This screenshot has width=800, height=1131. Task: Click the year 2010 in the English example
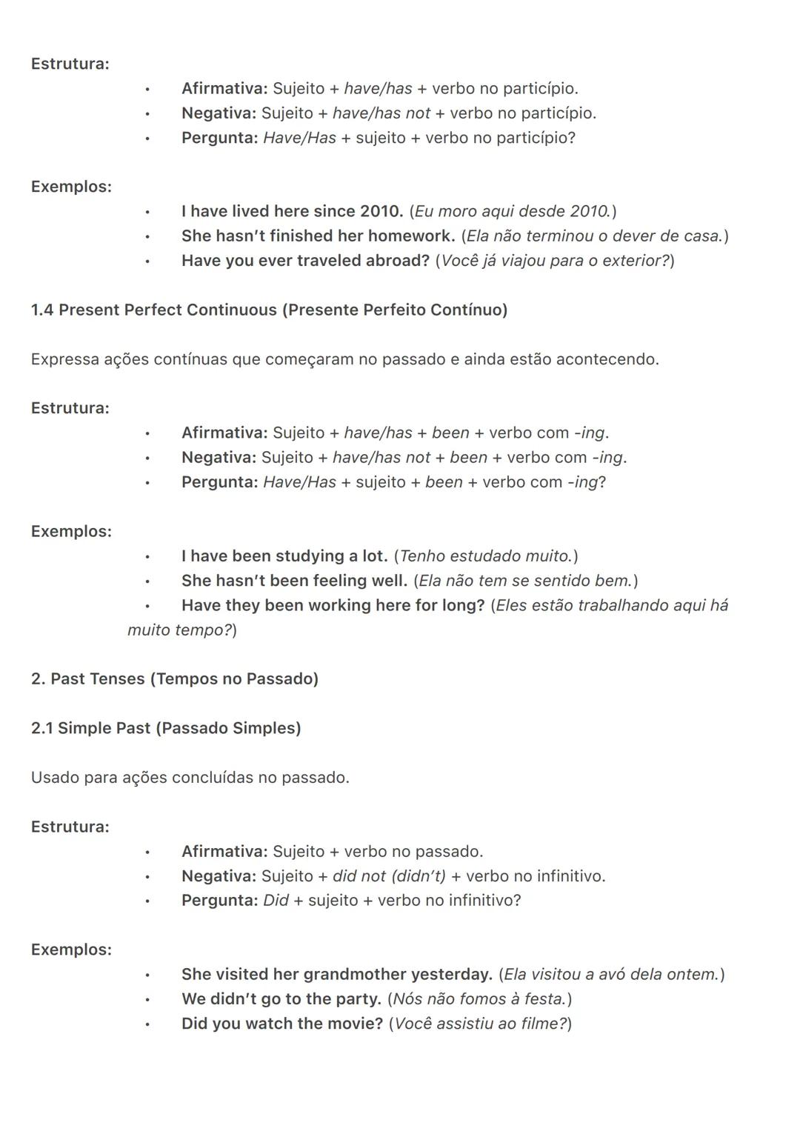coord(381,212)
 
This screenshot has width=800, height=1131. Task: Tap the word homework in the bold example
coord(411,236)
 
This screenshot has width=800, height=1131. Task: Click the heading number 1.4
coord(42,310)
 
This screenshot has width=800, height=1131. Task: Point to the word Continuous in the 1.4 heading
coord(232,310)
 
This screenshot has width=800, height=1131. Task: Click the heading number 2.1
coord(41,729)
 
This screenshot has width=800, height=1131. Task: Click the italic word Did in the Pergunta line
coord(276,901)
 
